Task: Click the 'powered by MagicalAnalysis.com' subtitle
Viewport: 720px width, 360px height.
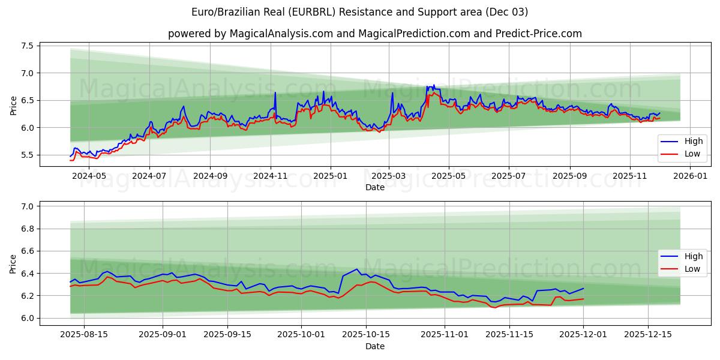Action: (374, 34)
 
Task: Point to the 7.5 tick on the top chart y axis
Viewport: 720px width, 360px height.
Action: (28, 46)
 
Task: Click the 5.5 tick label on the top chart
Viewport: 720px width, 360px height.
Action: (28, 155)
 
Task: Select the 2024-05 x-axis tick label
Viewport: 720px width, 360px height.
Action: (88, 176)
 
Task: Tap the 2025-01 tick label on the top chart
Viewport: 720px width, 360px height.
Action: (329, 176)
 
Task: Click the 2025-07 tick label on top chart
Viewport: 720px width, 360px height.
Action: (508, 176)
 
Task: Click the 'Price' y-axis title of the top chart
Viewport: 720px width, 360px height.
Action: (13, 106)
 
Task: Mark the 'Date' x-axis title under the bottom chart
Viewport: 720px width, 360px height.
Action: (374, 346)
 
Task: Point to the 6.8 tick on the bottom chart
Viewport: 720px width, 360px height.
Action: (28, 229)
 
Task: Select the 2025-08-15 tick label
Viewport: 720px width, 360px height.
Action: (84, 335)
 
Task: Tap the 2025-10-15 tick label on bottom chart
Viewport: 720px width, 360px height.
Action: (366, 335)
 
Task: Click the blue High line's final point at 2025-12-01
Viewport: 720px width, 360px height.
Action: (583, 289)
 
